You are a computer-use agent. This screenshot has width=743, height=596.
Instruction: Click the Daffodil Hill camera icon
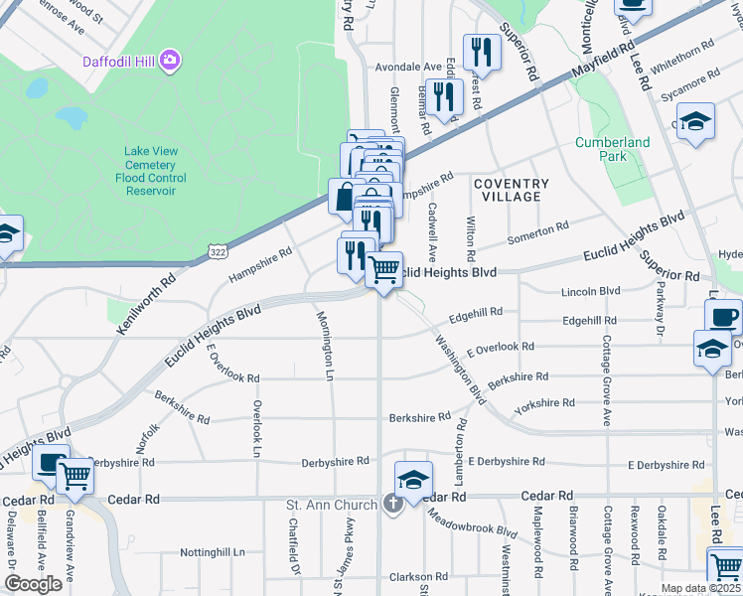(x=171, y=62)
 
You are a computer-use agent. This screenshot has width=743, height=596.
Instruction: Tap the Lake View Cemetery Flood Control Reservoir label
(x=151, y=171)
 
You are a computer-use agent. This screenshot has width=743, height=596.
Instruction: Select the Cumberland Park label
(x=613, y=149)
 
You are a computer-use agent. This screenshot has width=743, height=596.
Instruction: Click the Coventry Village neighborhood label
(x=511, y=190)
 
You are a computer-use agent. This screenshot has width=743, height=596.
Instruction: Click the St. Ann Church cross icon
(x=392, y=505)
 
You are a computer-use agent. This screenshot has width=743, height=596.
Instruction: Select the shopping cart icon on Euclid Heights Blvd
(x=383, y=268)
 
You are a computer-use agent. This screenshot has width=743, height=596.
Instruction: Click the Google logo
(x=33, y=584)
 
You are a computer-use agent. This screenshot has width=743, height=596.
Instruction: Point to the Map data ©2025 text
(x=700, y=588)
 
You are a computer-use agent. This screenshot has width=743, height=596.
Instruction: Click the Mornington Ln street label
(x=325, y=346)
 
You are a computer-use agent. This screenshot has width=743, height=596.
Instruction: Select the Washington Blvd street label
(x=458, y=368)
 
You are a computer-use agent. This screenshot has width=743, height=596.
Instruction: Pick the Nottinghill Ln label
(x=213, y=552)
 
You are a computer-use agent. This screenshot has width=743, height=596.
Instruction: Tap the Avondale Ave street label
(x=407, y=68)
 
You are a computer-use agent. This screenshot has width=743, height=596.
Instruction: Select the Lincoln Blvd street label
(x=590, y=291)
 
